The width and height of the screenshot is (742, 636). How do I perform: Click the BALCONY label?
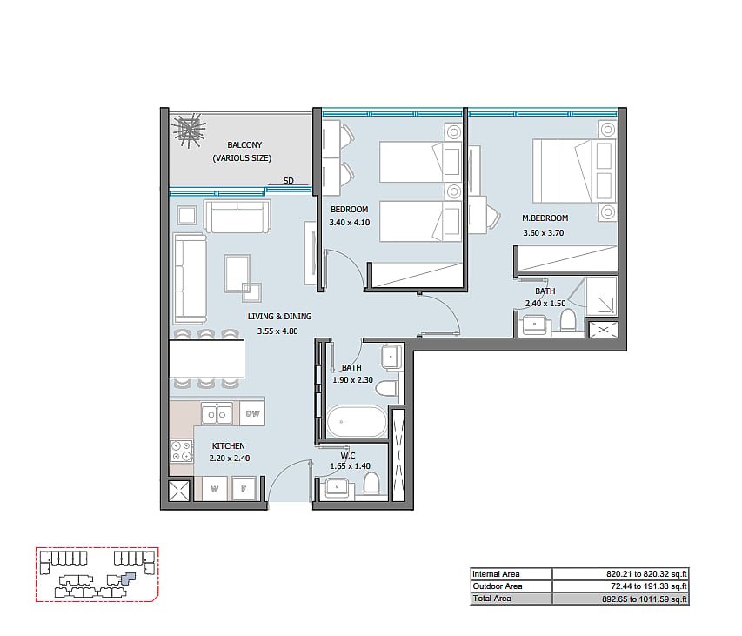click(x=244, y=144)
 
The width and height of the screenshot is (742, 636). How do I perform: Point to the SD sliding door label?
click(x=289, y=180)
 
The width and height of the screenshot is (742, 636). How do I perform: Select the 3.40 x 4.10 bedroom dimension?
click(x=350, y=223)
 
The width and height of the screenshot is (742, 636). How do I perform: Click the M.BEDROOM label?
click(x=545, y=218)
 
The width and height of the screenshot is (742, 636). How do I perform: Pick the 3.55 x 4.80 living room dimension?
click(x=277, y=331)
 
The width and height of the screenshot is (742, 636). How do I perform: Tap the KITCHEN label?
click(x=229, y=445)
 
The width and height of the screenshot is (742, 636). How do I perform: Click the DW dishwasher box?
click(x=252, y=413)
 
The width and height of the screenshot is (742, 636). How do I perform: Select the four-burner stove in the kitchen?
click(x=182, y=451)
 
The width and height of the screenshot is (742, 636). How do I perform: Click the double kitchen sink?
click(x=217, y=414)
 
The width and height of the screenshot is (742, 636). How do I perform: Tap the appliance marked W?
click(x=215, y=489)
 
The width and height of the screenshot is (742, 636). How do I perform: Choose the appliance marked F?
click(x=244, y=488)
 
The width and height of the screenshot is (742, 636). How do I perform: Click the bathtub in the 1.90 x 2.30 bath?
click(x=357, y=421)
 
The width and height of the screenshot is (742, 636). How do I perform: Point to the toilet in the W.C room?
click(x=371, y=485)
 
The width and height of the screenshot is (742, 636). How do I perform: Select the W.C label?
click(x=348, y=455)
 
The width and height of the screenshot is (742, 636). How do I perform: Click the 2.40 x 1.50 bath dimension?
click(x=545, y=304)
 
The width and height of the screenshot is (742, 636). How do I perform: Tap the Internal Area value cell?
click(x=620, y=574)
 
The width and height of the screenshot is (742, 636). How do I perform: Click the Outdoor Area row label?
click(x=498, y=586)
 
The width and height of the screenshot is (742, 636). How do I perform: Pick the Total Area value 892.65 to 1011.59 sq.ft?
click(x=645, y=599)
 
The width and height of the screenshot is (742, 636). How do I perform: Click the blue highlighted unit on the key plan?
click(x=128, y=578)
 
